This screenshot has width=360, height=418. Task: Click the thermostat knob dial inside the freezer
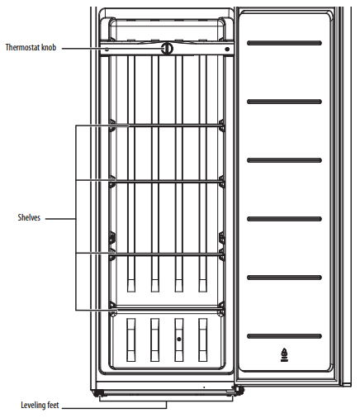(x=168, y=49)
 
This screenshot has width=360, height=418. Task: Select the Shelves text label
(x=29, y=218)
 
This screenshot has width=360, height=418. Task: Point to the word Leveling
(x=33, y=406)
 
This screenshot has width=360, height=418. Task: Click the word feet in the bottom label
(x=53, y=406)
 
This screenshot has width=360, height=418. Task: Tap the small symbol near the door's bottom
(x=284, y=354)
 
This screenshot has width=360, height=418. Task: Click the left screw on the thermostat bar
(x=108, y=49)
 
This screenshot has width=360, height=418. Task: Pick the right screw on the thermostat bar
(x=225, y=49)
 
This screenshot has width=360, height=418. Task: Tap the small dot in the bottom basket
(x=178, y=340)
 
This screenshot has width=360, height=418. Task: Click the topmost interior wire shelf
(x=167, y=126)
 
